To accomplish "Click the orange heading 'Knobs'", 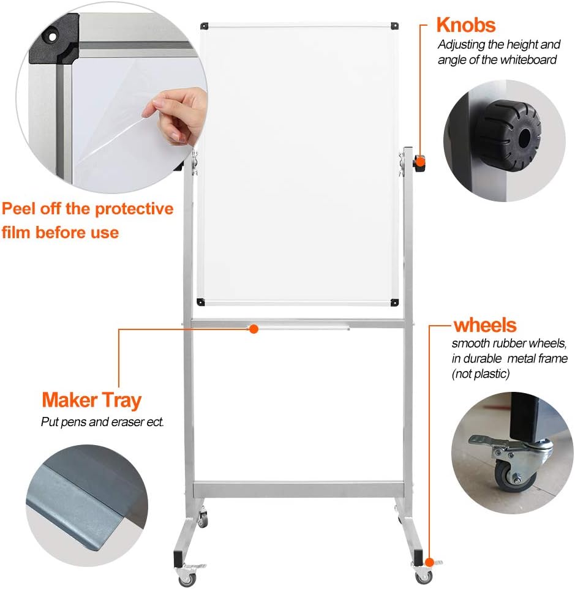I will (465, 25).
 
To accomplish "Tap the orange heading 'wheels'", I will (484, 325).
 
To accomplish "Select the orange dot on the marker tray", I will (254, 329).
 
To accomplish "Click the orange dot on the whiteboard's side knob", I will (420, 161).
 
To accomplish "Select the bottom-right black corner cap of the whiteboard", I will (396, 301).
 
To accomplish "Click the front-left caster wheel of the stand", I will (185, 577).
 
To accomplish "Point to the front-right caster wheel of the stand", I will (423, 576).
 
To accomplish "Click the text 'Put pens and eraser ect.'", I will (102, 422).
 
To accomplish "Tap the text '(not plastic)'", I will (480, 373).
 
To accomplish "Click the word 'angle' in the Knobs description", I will (453, 59).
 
